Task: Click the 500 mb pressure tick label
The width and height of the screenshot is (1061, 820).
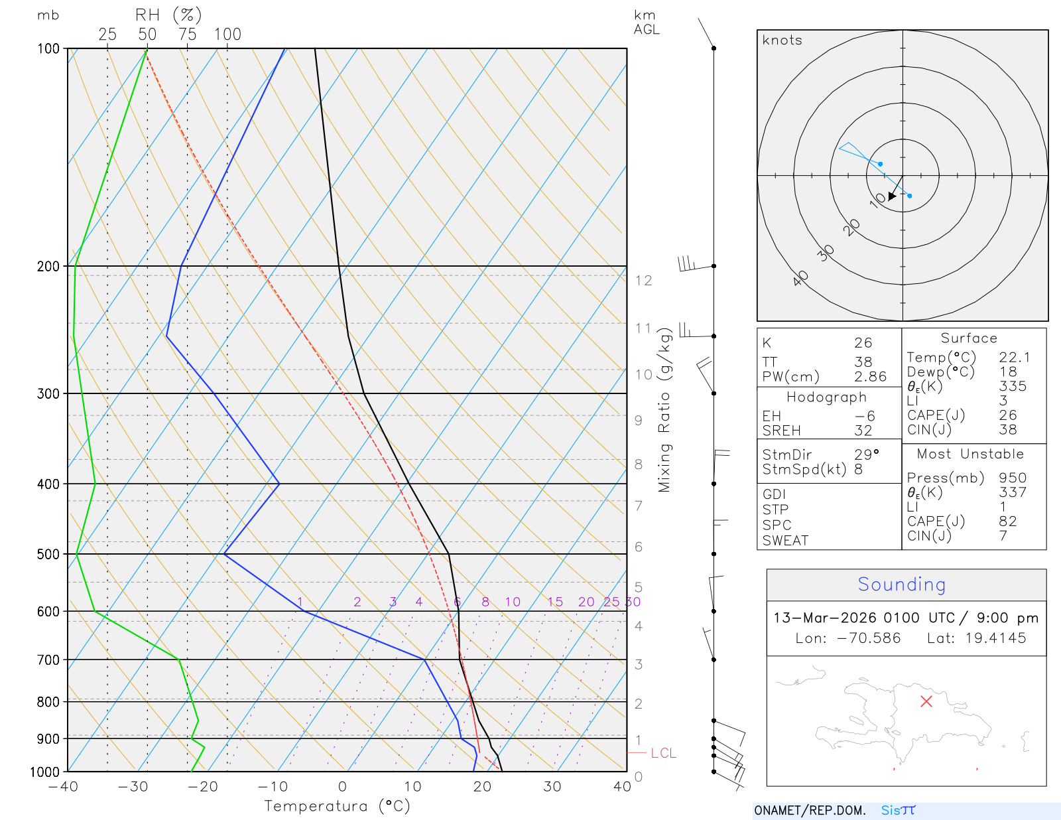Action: tap(48, 554)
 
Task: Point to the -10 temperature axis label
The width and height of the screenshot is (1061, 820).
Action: tap(273, 787)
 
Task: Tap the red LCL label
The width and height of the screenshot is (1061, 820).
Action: tap(663, 753)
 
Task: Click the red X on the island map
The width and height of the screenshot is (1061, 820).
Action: tap(926, 701)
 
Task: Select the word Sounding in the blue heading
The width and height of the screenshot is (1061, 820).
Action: tap(901, 584)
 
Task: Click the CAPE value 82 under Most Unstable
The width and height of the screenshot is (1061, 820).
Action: tap(1007, 521)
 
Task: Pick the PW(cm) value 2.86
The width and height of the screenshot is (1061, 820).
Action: tap(870, 377)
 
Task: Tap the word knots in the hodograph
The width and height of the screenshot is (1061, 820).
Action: tap(782, 40)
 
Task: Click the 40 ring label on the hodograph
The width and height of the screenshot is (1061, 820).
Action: tap(801, 278)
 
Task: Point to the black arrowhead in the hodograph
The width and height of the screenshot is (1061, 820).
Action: tap(893, 196)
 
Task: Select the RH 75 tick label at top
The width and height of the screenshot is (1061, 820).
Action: tap(187, 34)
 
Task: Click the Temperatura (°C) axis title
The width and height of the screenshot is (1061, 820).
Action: tap(337, 806)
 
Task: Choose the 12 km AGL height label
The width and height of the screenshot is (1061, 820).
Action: tap(643, 281)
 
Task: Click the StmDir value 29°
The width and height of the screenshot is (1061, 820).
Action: tap(866, 454)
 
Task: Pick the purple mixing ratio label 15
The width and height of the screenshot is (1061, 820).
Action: tap(555, 602)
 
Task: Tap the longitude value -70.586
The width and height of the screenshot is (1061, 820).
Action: tap(868, 638)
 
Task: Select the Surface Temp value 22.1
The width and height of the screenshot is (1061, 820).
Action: tap(1015, 358)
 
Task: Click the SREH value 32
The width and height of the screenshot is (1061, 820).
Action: tap(863, 431)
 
